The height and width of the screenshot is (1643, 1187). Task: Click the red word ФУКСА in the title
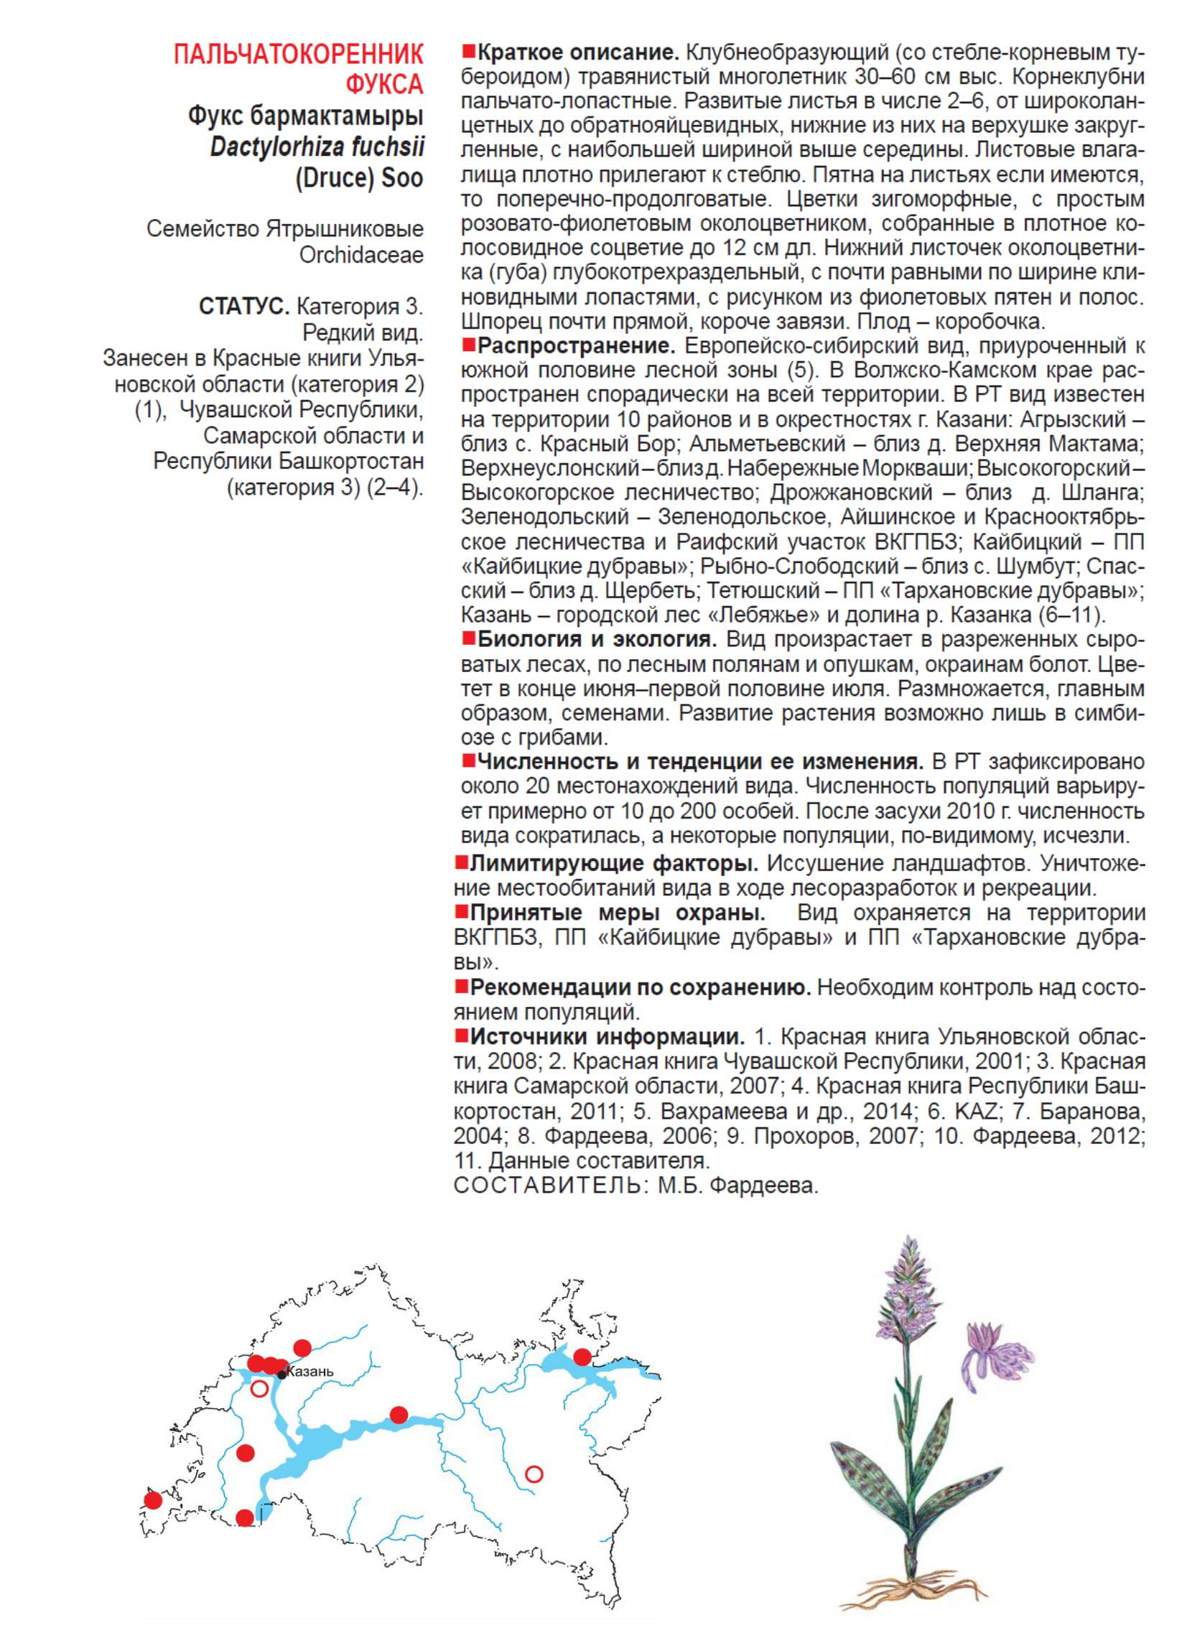(384, 84)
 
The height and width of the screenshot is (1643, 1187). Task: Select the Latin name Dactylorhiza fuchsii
(317, 147)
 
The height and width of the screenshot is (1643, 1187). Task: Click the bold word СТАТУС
(244, 307)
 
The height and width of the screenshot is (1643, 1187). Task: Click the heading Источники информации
(608, 1036)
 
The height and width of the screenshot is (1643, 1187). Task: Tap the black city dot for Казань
(281, 1375)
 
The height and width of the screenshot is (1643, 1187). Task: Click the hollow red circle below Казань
(259, 1389)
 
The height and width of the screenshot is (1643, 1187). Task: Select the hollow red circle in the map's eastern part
(534, 1474)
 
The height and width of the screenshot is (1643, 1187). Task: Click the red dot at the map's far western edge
(152, 1499)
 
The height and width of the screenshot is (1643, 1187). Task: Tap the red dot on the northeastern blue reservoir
(582, 1356)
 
